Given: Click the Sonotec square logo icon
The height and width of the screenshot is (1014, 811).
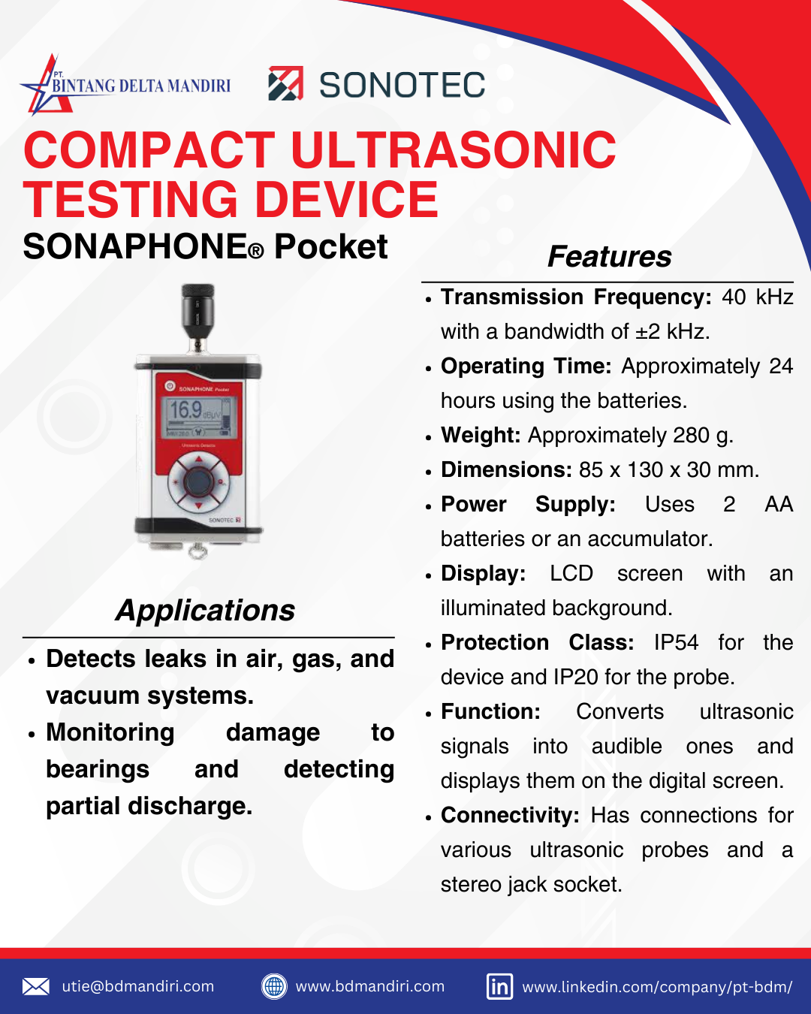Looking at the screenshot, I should [x=285, y=83].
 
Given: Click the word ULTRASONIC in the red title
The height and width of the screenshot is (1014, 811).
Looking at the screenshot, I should [x=453, y=150].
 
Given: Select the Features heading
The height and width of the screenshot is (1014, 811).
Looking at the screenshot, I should [x=609, y=257].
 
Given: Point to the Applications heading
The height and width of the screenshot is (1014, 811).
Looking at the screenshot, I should [x=205, y=611].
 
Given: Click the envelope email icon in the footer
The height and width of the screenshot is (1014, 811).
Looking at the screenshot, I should [x=35, y=986].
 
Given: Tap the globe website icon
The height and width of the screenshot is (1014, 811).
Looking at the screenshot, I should [x=274, y=986].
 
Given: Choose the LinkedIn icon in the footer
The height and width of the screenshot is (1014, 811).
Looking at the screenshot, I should [x=499, y=986].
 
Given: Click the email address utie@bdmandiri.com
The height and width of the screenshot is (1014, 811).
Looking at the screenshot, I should [x=138, y=986].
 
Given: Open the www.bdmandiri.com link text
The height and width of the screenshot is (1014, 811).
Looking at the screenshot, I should [x=370, y=986].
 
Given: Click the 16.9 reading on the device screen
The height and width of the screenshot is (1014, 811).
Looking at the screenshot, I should [x=185, y=410].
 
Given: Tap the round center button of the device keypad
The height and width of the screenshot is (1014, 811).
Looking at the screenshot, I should [x=197, y=481].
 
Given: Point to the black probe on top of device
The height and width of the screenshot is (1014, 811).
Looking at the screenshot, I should [x=197, y=309].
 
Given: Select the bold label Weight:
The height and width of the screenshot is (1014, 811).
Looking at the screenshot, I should [x=481, y=436].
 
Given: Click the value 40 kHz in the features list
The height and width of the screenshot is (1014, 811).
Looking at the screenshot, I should [x=757, y=297].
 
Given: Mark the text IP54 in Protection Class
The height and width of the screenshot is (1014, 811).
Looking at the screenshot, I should [x=676, y=643].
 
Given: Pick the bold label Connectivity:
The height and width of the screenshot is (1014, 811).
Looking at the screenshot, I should [x=510, y=816].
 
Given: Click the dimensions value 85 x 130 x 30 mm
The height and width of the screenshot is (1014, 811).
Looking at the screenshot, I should [x=668, y=470].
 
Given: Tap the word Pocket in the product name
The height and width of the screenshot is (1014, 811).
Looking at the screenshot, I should [x=330, y=247].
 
